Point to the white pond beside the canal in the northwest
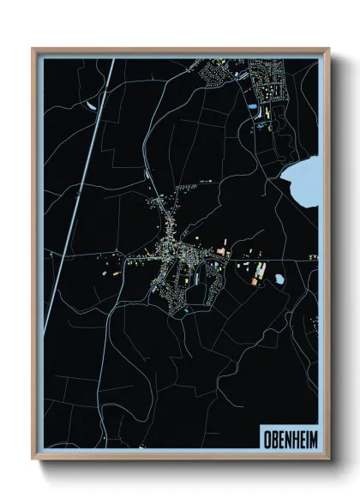pos(91,106)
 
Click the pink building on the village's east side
pos(221,251)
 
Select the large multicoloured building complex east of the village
pos(258,273)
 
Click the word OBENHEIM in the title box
pos(285,435)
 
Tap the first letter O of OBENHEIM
pos(261,435)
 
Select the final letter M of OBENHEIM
pos(309,435)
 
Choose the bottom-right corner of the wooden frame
pos(328,459)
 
